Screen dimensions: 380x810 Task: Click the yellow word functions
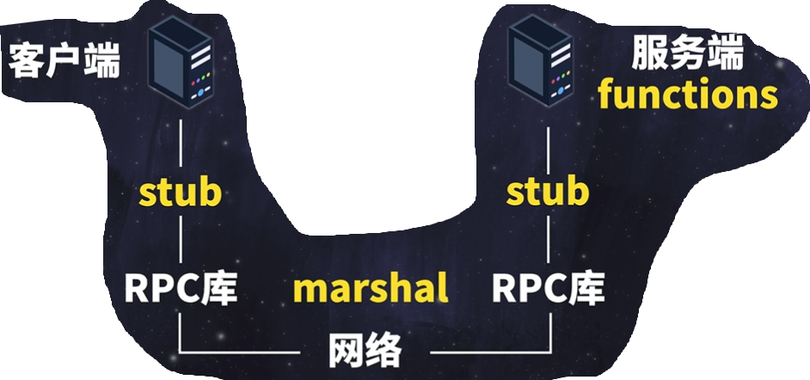click(688, 95)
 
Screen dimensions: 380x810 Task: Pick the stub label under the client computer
click(181, 193)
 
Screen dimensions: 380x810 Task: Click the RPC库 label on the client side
click(181, 288)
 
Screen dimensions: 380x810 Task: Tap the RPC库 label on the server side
click(549, 288)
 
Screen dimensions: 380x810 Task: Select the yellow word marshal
click(371, 289)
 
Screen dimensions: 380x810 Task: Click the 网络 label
click(365, 350)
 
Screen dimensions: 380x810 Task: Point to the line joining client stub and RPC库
click(181, 241)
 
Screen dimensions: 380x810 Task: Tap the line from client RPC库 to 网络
click(241, 351)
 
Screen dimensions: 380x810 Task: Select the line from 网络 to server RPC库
click(490, 351)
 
